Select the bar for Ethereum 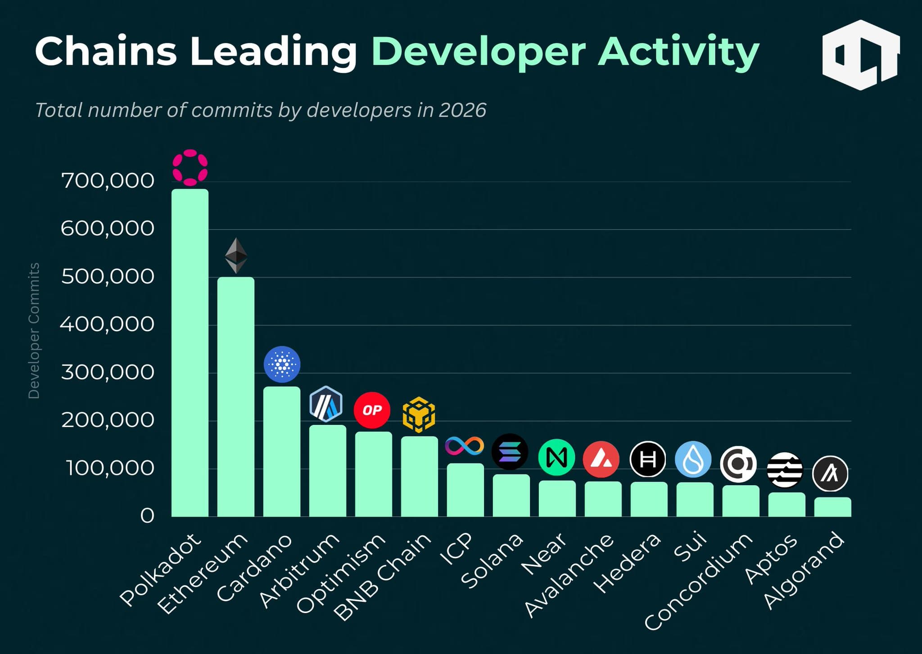click(235, 396)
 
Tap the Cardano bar click(281, 451)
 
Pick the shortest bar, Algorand click(832, 507)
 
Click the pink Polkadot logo click(190, 167)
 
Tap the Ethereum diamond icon click(236, 256)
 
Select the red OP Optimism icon click(372, 410)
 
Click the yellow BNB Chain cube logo click(419, 415)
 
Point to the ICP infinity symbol click(464, 446)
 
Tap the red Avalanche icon click(601, 459)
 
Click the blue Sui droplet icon click(693, 460)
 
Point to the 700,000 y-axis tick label click(108, 181)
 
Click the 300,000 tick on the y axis click(108, 372)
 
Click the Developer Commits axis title click(34, 331)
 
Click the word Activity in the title click(678, 52)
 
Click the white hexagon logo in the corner click(860, 55)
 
